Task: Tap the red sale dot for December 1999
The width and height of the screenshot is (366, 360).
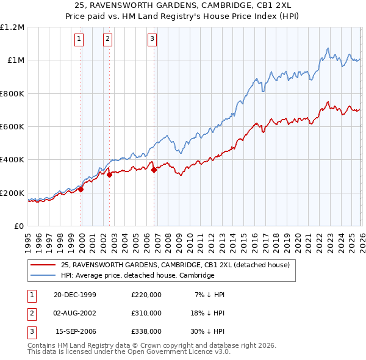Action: pos(81,189)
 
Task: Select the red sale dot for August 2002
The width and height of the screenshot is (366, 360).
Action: pos(109,175)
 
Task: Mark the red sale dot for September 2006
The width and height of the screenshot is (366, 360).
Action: pos(154,170)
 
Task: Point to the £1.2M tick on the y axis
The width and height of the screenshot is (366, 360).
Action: pos(12,27)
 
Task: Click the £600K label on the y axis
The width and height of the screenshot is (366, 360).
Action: pos(12,127)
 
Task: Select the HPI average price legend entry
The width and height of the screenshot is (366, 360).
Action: pos(137,276)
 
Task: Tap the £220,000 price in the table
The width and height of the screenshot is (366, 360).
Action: pos(146,295)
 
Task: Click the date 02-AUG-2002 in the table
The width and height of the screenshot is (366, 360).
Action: pos(75,313)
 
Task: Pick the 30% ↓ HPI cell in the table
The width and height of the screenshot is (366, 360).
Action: pos(207,331)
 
